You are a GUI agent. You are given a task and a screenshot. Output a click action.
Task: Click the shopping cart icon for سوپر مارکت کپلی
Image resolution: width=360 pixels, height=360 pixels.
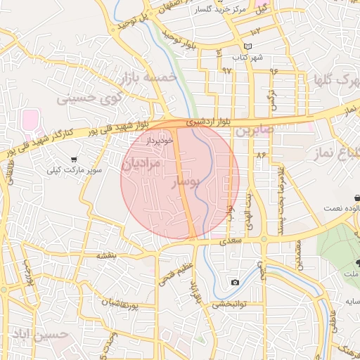point(74,160)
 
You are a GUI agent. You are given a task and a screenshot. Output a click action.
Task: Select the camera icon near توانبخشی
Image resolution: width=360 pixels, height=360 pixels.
point(235,283)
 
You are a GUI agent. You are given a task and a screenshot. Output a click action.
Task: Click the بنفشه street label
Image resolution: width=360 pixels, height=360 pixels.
point(105,256)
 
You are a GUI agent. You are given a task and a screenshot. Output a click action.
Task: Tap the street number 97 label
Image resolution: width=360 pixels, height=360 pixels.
point(226,71)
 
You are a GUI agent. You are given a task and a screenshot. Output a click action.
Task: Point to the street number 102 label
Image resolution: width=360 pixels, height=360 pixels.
point(254,31)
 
